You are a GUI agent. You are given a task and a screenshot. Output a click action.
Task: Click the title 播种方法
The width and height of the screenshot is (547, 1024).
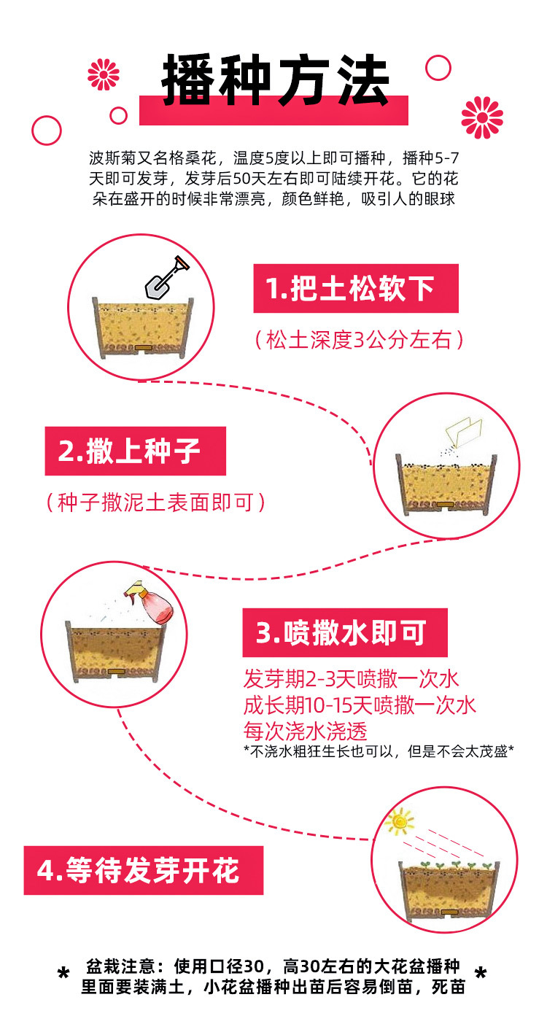[276, 81]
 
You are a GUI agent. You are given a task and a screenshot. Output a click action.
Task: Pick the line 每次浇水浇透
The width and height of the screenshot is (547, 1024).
[306, 730]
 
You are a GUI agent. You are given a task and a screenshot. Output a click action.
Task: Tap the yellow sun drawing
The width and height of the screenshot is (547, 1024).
[399, 821]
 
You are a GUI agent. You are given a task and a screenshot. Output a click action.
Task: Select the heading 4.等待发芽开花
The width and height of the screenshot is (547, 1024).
[143, 870]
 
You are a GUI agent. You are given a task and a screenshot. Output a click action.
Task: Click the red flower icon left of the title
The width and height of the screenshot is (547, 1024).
[104, 74]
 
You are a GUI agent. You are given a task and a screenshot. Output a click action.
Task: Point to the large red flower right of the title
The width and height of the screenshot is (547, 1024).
[482, 117]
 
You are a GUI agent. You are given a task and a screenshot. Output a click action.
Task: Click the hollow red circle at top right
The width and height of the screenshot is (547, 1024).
[438, 67]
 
